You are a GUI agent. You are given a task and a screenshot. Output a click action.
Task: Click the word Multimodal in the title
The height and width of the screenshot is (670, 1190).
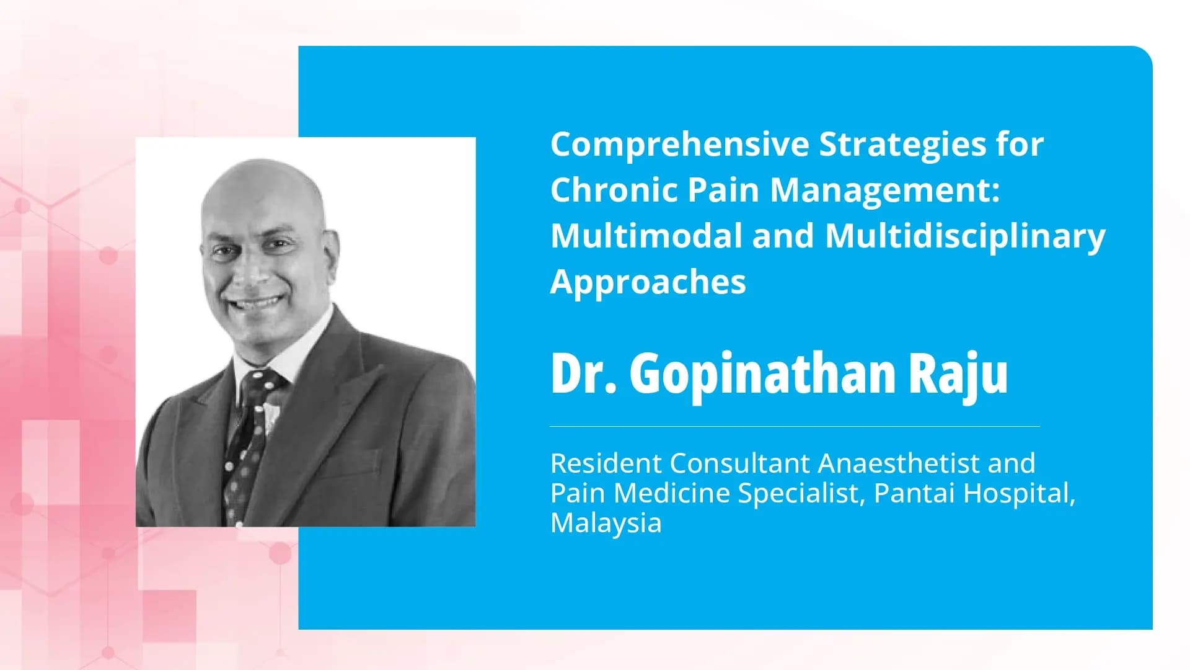click(x=646, y=236)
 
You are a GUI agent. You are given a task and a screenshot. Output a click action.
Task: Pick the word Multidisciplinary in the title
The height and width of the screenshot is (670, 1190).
click(x=965, y=237)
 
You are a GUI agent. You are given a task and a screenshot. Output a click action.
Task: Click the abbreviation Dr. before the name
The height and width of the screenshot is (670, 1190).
click(x=583, y=373)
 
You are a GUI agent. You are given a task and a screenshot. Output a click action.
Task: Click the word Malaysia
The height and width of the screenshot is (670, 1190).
click(x=606, y=523)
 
